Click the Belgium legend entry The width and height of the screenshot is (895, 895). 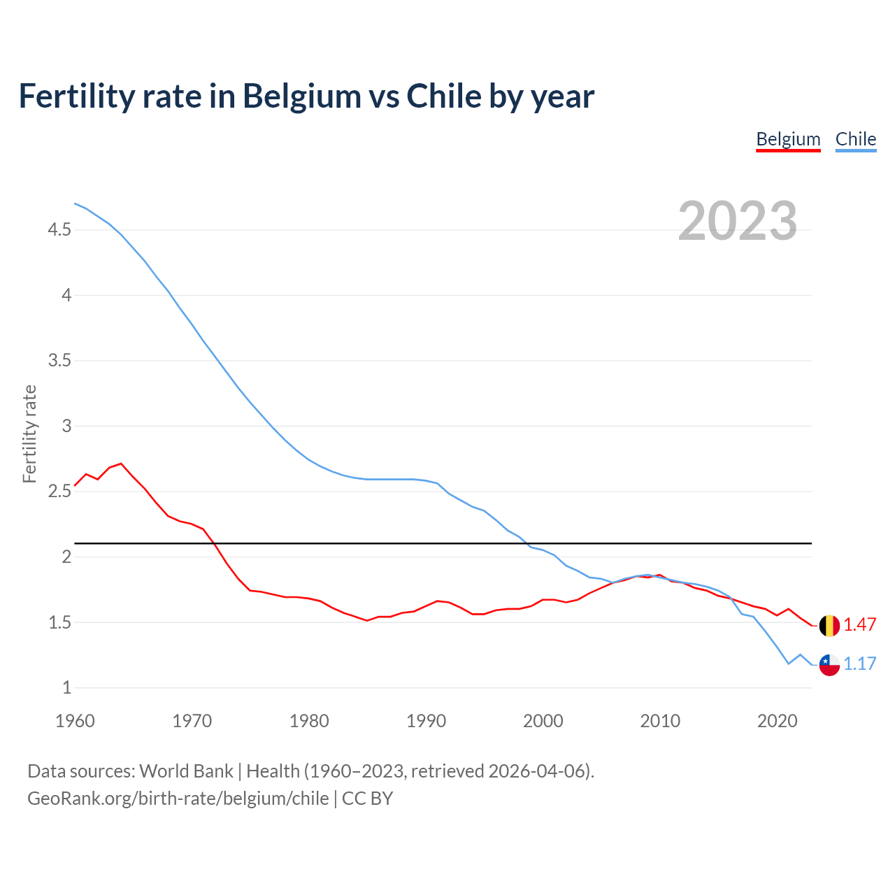pyautogui.click(x=788, y=139)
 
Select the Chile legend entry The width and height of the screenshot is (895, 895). pyautogui.click(x=855, y=139)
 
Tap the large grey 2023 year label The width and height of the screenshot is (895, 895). pyautogui.click(x=738, y=221)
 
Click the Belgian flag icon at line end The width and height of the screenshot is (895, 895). pyautogui.click(x=829, y=625)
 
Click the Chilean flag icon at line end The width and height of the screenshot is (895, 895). pyautogui.click(x=829, y=664)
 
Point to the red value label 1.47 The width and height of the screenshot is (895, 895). pyautogui.click(x=860, y=625)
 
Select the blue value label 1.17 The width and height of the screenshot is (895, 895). pyautogui.click(x=860, y=664)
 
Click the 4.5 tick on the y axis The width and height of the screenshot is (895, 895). pyautogui.click(x=59, y=230)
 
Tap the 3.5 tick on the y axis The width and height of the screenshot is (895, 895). pyautogui.click(x=59, y=361)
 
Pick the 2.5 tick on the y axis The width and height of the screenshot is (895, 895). pyautogui.click(x=59, y=492)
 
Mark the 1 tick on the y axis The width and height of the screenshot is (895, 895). pyautogui.click(x=66, y=688)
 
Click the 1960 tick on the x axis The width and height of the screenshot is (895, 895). pyautogui.click(x=75, y=721)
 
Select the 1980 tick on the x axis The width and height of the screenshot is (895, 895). pyautogui.click(x=309, y=721)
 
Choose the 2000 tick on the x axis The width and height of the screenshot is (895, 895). pyautogui.click(x=543, y=721)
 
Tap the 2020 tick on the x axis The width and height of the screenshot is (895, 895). pyautogui.click(x=777, y=721)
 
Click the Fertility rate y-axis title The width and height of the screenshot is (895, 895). pyautogui.click(x=29, y=434)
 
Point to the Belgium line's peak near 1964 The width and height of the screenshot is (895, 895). pyautogui.click(x=121, y=464)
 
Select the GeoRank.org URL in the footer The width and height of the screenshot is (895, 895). pyautogui.click(x=178, y=799)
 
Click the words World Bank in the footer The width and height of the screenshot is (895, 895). pyautogui.click(x=186, y=771)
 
